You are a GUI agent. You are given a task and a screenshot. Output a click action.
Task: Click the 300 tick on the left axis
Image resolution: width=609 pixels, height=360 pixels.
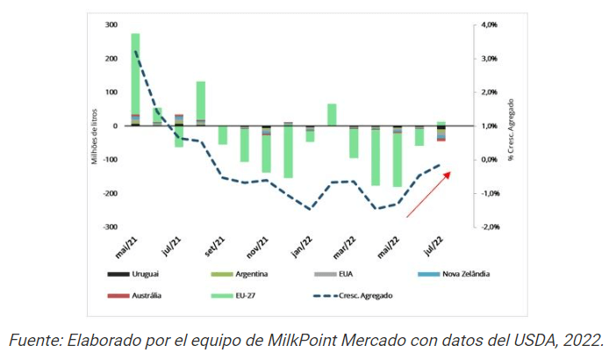pos(111,25)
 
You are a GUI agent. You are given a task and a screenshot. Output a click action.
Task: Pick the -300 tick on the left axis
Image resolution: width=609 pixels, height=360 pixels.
pos(110,227)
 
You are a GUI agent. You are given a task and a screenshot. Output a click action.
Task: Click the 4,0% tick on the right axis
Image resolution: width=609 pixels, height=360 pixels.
pos(490,25)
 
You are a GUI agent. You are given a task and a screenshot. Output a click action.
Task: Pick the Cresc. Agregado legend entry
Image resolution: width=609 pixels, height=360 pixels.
pos(367,295)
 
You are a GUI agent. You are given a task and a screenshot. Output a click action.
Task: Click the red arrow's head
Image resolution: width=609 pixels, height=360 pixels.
pos(451,173)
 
